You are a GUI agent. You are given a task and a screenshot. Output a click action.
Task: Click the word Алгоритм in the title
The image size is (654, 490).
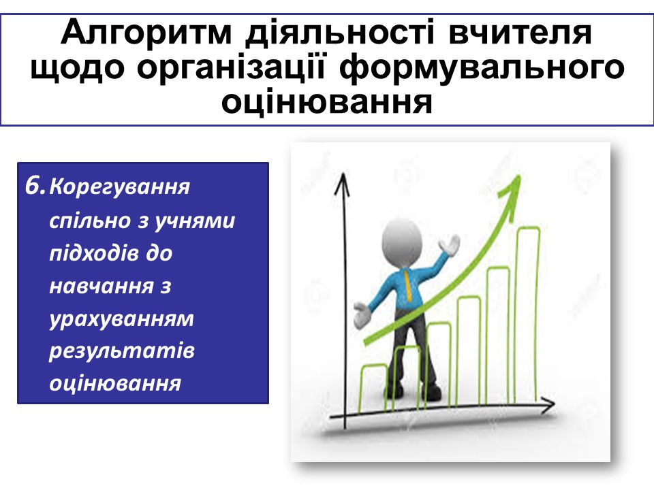(146, 33)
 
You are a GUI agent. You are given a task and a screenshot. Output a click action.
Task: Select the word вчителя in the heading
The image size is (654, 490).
(520, 33)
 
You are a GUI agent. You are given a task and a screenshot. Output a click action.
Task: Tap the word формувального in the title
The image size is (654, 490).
(482, 68)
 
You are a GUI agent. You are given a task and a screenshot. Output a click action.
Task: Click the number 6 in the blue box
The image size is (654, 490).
(33, 186)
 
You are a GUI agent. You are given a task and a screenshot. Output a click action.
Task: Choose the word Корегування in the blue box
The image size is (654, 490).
(120, 188)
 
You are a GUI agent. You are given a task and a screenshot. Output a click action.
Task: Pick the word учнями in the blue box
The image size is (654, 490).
(195, 220)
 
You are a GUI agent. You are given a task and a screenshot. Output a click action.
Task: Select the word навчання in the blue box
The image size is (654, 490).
(102, 287)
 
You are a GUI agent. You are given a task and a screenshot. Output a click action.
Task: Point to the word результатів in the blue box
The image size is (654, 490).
(122, 352)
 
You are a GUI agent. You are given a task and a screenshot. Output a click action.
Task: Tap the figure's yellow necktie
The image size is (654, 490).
(408, 285)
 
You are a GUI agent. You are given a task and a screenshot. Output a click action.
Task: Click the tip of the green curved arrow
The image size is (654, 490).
(520, 176)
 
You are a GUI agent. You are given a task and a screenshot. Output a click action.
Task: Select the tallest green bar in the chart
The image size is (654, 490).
(528, 314)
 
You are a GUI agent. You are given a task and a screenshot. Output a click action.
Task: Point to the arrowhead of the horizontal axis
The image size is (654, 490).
(548, 404)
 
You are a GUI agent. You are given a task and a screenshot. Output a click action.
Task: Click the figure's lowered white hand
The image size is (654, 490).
(362, 314)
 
